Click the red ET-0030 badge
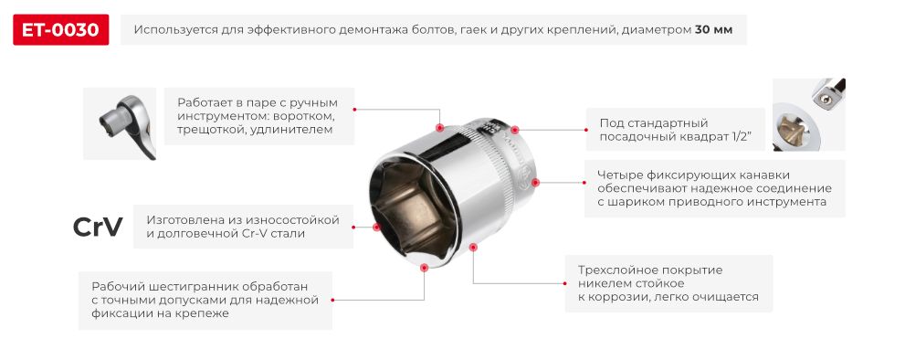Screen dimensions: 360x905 pyautogui.click(x=61, y=30)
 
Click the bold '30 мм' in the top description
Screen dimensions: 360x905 pyautogui.click(x=713, y=30)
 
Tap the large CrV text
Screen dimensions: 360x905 pyautogui.click(x=97, y=228)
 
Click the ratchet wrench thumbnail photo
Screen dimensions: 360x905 pyautogui.click(x=120, y=124)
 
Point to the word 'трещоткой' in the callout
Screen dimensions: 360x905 pyautogui.click(x=210, y=131)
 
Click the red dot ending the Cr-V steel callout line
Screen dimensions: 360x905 pyautogui.click(x=376, y=227)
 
